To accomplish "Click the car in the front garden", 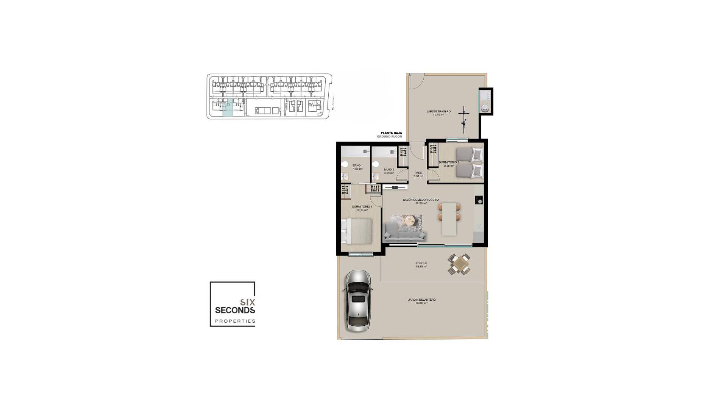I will pyautogui.click(x=357, y=301).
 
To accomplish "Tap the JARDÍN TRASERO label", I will pyautogui.click(x=438, y=111).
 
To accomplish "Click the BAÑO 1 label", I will pyautogui.click(x=357, y=165).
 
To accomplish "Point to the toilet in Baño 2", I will pyautogui.click(x=376, y=164).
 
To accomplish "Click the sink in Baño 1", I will pyautogui.click(x=345, y=177).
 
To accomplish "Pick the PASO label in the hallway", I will pyautogui.click(x=418, y=173).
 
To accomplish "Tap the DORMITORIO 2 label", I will pyautogui.click(x=449, y=162).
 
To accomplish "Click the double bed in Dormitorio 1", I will pyautogui.click(x=358, y=231).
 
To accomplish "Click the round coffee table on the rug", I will pyautogui.click(x=410, y=220).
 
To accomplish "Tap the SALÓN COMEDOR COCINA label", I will pyautogui.click(x=421, y=200).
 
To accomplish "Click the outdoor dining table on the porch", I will pyautogui.click(x=459, y=264).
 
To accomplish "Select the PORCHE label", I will pyautogui.click(x=421, y=263).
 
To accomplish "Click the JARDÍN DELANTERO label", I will pyautogui.click(x=421, y=300).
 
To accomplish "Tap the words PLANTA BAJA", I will pyautogui.click(x=389, y=133).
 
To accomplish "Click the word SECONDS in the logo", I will pyautogui.click(x=235, y=310).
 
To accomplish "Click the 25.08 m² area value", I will pyautogui.click(x=421, y=203).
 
